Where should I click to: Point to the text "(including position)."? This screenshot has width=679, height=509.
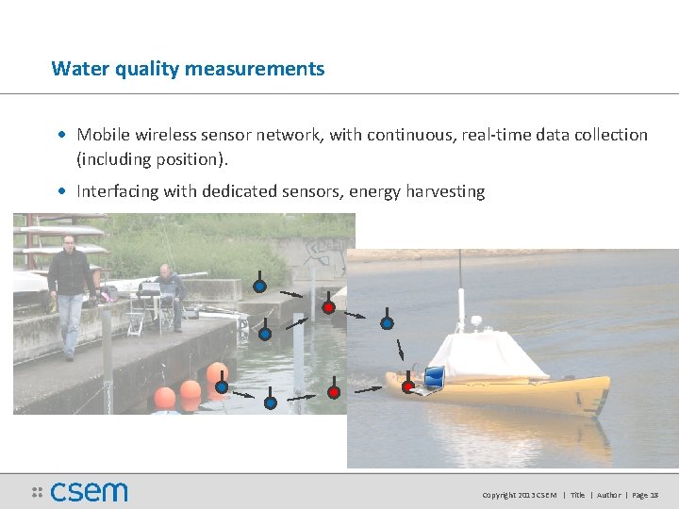pyautogui.click(x=153, y=158)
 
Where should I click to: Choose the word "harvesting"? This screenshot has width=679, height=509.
pyautogui.click(x=444, y=191)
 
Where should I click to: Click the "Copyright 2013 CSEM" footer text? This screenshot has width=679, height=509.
pyautogui.click(x=520, y=495)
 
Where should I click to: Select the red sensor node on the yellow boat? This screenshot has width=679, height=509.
pyautogui.click(x=407, y=386)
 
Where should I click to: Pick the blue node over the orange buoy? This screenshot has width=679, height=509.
pyautogui.click(x=221, y=386)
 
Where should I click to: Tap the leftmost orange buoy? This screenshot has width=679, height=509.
pyautogui.click(x=165, y=398)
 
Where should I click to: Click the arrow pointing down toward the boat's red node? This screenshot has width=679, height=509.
pyautogui.click(x=400, y=351)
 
